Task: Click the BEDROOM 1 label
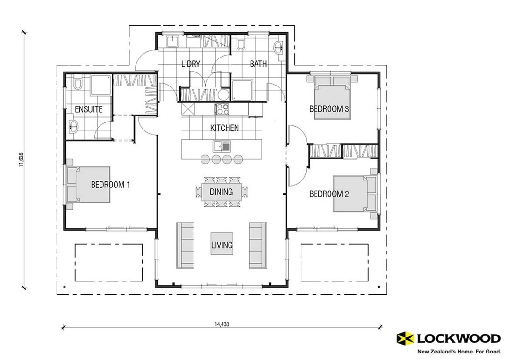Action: coord(110,185)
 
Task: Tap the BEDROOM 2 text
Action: coord(329,194)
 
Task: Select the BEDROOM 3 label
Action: coord(330,109)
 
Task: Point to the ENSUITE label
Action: coord(89,109)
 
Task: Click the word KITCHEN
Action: coord(224,128)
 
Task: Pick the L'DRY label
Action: coord(191,64)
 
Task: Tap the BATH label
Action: coord(258,64)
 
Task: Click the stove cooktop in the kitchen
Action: coord(221,109)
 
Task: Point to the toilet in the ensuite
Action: coord(78,84)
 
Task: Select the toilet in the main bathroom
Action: coord(241,44)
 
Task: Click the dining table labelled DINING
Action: coord(222,192)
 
